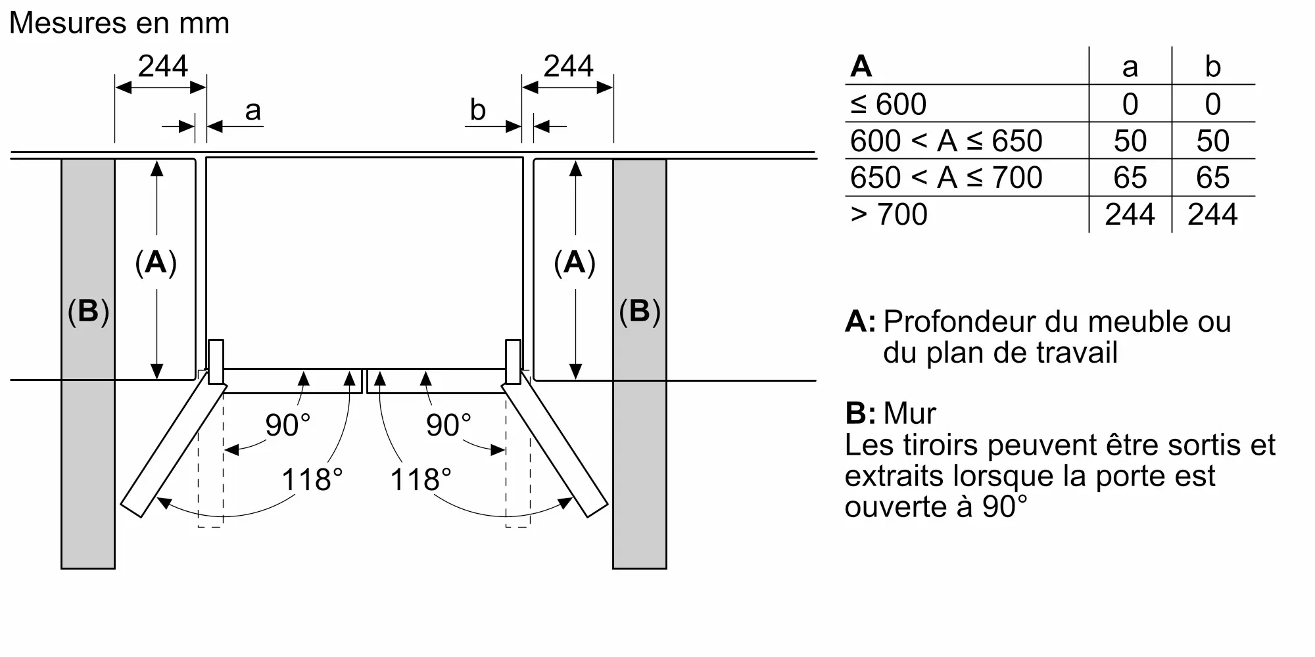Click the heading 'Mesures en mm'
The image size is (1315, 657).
point(119,24)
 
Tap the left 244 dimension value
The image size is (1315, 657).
point(162,66)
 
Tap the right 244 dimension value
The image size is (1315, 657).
point(568,66)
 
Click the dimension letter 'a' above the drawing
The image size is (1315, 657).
point(252,111)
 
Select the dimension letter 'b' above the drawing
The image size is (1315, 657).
point(477,110)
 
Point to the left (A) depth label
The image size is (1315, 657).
point(156,263)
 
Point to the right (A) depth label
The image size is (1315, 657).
point(575,263)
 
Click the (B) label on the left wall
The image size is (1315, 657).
point(88,311)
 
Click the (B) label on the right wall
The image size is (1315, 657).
point(639,311)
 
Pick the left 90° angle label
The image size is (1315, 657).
point(287,425)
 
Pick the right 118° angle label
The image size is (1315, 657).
point(421,480)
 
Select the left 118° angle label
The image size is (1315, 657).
point(312,480)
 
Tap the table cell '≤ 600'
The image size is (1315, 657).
point(888,104)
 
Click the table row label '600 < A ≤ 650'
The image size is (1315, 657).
point(945,141)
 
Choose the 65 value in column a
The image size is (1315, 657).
point(1130,178)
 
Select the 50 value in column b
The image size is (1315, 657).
point(1212,141)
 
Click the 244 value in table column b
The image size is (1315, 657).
point(1212,215)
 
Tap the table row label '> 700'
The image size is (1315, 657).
point(888,215)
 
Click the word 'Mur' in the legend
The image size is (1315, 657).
point(909,413)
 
